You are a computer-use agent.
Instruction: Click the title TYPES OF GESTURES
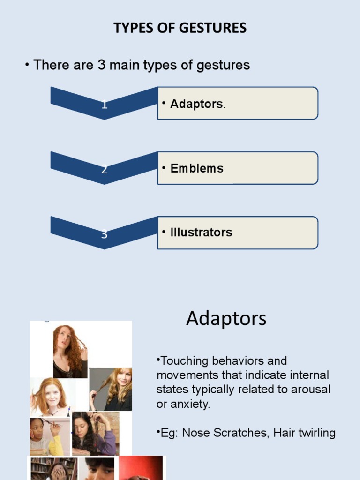tap(180, 28)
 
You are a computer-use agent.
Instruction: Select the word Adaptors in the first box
tap(196, 104)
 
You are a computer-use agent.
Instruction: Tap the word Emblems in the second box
tap(197, 168)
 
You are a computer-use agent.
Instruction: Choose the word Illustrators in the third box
tap(201, 232)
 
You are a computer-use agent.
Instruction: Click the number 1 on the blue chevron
tap(105, 105)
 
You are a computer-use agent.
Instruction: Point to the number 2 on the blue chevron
tap(105, 170)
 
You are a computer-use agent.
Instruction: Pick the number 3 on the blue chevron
tap(105, 234)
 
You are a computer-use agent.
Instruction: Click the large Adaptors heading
tap(226, 319)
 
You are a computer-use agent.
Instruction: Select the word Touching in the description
tap(183, 361)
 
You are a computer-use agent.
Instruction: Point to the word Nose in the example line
tap(194, 433)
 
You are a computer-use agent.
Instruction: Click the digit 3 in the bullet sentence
tap(101, 65)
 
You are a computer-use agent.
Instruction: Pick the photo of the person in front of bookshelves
tap(54, 469)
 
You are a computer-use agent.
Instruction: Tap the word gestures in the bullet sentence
tap(223, 65)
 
